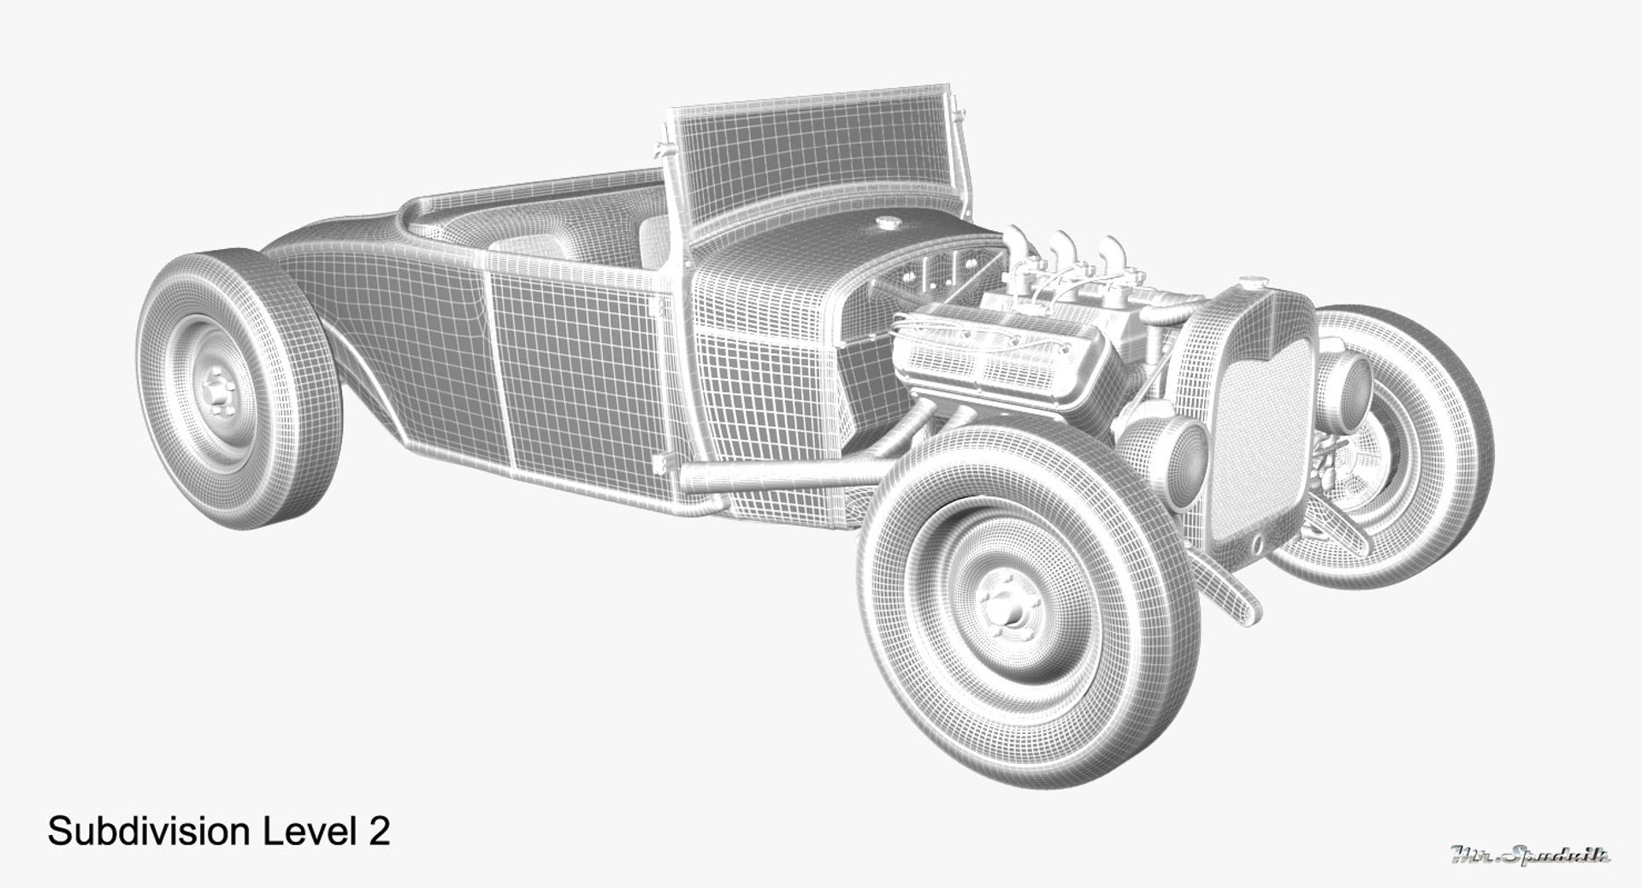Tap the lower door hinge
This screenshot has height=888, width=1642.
660,463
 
